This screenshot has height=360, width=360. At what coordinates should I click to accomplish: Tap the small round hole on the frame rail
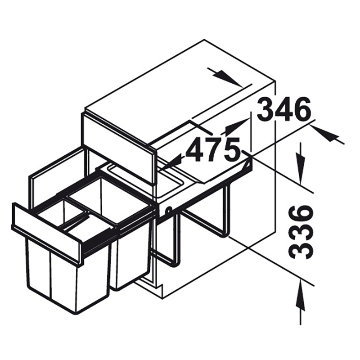coord(169,210)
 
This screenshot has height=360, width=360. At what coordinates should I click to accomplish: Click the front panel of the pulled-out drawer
coord(47,234)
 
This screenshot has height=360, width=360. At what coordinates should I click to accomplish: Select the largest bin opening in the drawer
coord(109,198)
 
